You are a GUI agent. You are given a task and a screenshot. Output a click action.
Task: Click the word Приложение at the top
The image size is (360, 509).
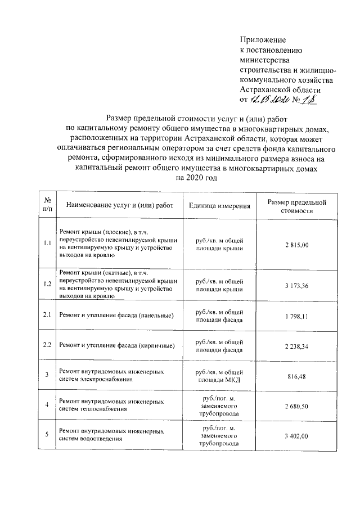263,40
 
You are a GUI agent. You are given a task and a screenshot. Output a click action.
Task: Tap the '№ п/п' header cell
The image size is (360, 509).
47,206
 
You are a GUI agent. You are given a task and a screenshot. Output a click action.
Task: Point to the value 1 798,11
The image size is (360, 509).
297,316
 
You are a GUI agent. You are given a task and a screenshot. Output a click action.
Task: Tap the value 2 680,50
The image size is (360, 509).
297,406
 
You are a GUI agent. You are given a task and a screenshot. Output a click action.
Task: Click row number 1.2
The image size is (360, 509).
47,285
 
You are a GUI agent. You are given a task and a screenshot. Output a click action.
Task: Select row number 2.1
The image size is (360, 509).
47,315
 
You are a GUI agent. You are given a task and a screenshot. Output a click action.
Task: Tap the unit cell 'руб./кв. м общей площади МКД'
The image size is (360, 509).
219,375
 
